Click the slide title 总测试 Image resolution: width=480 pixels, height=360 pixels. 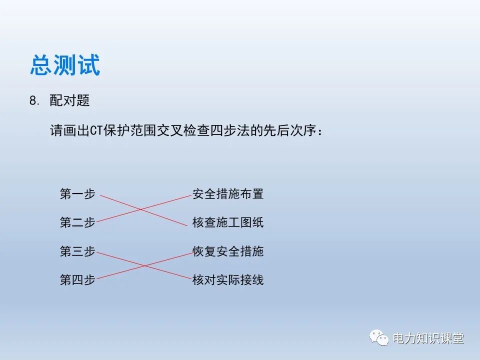tap(65, 65)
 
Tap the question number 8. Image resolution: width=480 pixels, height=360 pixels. tap(34, 101)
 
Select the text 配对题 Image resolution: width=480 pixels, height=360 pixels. tap(69, 100)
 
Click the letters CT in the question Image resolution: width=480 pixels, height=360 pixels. tap(96, 131)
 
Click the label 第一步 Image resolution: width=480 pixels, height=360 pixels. tap(77, 194)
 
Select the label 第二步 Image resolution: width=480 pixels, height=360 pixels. tap(77, 222)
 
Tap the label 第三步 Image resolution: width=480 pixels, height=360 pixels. tap(77, 251)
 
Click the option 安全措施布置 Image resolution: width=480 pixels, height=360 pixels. tap(228, 194)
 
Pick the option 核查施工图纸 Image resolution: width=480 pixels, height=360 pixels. tap(228, 222)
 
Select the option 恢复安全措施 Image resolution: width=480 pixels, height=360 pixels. tap(228, 251)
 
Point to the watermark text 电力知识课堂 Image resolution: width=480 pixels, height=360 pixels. tap(428, 338)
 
